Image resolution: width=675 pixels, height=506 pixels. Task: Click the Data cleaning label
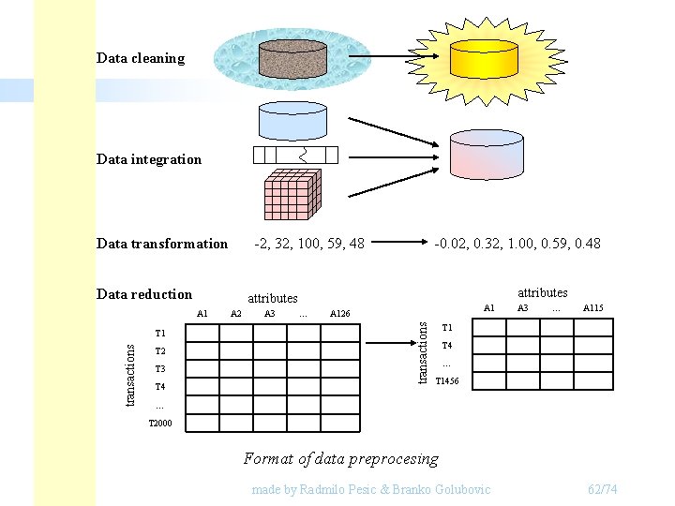click(x=141, y=58)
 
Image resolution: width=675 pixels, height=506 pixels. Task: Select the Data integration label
click(x=149, y=159)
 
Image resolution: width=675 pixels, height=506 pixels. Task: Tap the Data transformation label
click(x=162, y=244)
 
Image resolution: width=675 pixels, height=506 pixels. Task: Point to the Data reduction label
click(x=144, y=294)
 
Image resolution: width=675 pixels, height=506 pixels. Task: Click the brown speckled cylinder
click(x=292, y=57)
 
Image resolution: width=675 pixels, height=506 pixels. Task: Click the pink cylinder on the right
click(x=486, y=153)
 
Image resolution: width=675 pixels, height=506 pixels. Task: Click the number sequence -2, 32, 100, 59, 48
click(x=310, y=244)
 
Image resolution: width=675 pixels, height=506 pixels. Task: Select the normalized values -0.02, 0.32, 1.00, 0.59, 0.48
click(x=517, y=244)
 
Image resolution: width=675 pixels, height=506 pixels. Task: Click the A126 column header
click(x=340, y=314)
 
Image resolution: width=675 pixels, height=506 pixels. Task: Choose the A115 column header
click(x=593, y=307)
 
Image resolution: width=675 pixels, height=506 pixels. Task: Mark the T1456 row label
click(x=448, y=380)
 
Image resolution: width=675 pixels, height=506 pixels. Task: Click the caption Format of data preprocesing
click(x=340, y=458)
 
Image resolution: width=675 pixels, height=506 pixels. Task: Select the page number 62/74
click(x=602, y=490)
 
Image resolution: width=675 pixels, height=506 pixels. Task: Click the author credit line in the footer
click(x=371, y=490)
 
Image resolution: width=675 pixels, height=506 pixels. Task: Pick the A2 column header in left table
click(x=236, y=314)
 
